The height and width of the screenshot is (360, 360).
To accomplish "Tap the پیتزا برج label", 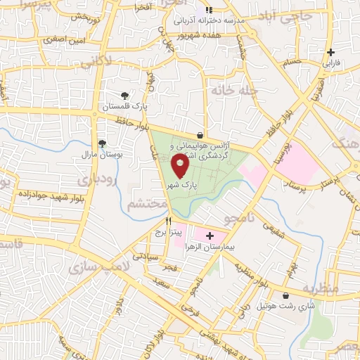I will click(169, 231).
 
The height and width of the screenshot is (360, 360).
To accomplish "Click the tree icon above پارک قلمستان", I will click(124, 95).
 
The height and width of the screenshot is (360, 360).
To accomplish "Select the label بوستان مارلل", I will click(99, 153).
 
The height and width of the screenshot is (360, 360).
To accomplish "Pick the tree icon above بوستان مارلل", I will click(103, 142).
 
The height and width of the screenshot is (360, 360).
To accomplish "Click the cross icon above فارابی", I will click(330, 52).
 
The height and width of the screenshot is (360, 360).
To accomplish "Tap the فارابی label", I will click(330, 63).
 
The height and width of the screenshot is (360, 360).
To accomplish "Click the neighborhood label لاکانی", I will click(96, 63).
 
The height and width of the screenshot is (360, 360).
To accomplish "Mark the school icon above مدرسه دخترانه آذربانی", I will click(207, 11).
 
